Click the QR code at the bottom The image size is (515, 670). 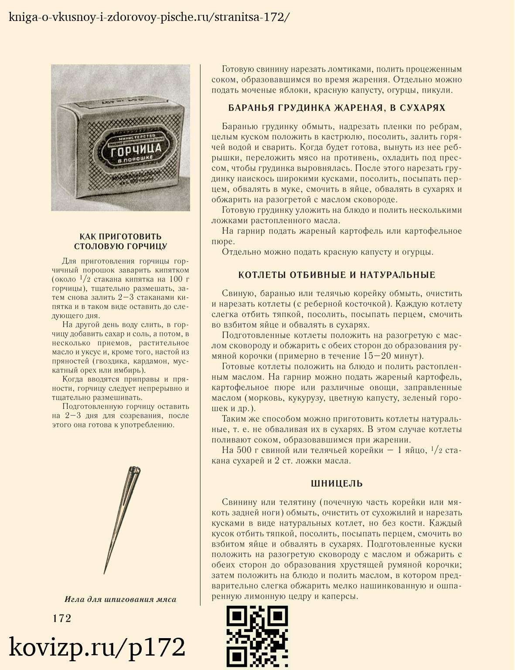point(257,636)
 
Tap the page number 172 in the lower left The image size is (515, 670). point(62,618)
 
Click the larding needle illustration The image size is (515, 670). point(122,519)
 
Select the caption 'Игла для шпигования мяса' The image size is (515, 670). point(120,599)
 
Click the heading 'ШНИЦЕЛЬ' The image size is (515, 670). point(337,483)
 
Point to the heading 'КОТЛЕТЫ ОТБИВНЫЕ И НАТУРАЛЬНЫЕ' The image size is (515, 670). point(337,275)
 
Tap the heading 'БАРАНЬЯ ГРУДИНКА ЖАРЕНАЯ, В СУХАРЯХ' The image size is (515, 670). point(337,108)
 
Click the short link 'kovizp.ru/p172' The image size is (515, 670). point(97,647)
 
